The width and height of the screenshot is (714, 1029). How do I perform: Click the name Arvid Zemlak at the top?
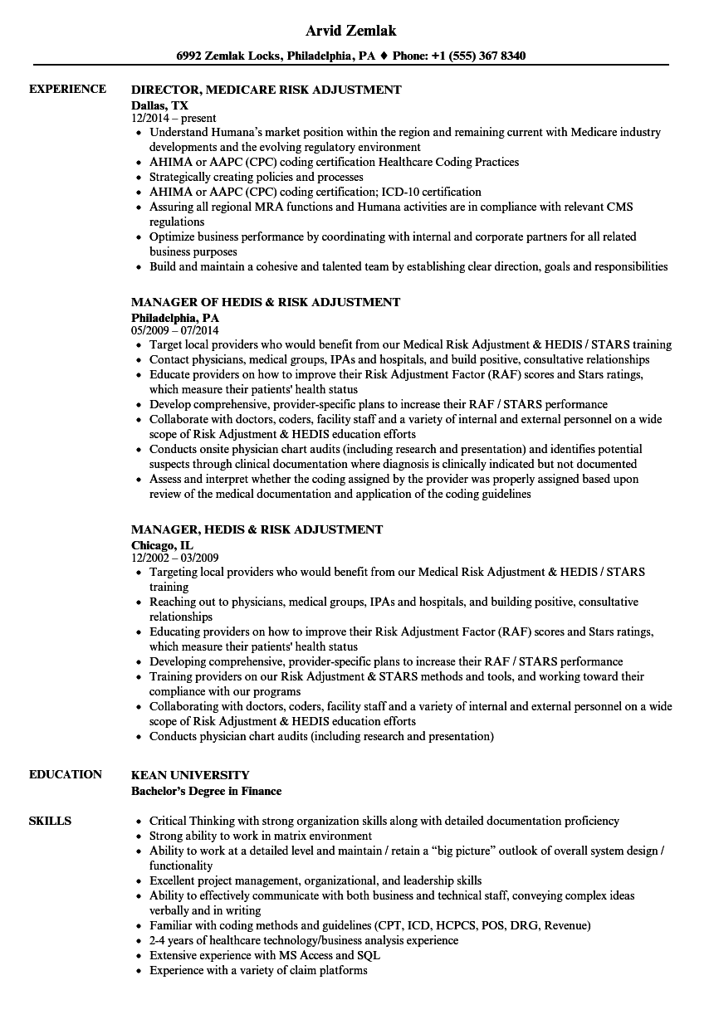pos(351,31)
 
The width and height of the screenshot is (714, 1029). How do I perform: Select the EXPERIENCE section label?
pos(67,90)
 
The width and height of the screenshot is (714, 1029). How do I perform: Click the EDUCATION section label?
pos(66,775)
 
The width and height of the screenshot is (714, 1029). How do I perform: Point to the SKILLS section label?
pos(50,822)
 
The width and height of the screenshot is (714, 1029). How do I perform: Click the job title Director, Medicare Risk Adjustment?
pos(266,90)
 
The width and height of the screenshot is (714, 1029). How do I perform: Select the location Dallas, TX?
pos(159,105)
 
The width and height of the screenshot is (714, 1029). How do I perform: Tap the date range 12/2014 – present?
pos(174,119)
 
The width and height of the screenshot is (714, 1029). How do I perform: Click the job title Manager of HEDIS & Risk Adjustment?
pos(266,302)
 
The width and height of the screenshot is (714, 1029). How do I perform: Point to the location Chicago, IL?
pos(162,544)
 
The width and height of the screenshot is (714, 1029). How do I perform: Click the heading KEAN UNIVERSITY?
pos(190,775)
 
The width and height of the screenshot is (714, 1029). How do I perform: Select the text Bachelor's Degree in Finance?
pos(206,791)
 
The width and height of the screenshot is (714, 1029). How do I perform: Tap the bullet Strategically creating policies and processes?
pos(256,177)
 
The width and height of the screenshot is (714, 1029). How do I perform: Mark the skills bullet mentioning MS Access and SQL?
pos(258,955)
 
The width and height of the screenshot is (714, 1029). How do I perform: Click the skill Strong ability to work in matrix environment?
pos(260,836)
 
